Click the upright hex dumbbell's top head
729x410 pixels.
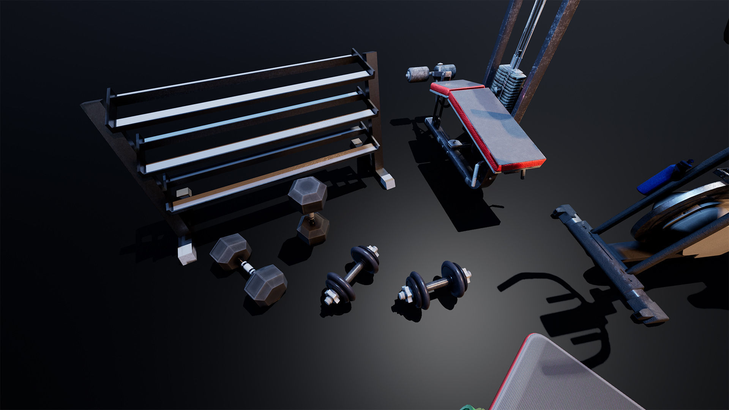[x=308, y=195]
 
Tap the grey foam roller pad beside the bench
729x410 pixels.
[x=418, y=74]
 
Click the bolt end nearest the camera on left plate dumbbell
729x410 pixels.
[x=331, y=298]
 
